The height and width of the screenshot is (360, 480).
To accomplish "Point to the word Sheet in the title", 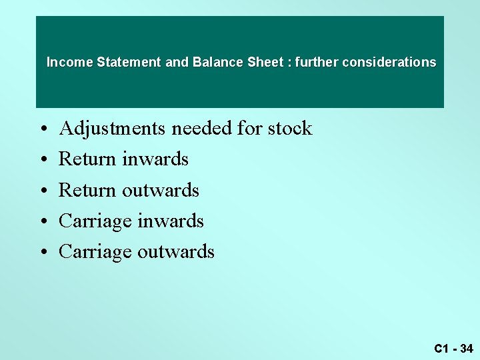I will pos(265,63).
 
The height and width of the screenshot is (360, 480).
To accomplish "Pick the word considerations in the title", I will pos(389,63).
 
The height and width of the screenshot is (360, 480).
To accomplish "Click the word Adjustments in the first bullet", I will pos(113,128).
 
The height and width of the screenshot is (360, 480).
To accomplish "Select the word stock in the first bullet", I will pos(289,128).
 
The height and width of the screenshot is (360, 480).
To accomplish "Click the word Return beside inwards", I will pos(87,159).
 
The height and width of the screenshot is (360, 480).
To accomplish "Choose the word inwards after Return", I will pos(155,159).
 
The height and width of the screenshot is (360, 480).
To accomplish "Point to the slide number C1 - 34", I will pos(453,348).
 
